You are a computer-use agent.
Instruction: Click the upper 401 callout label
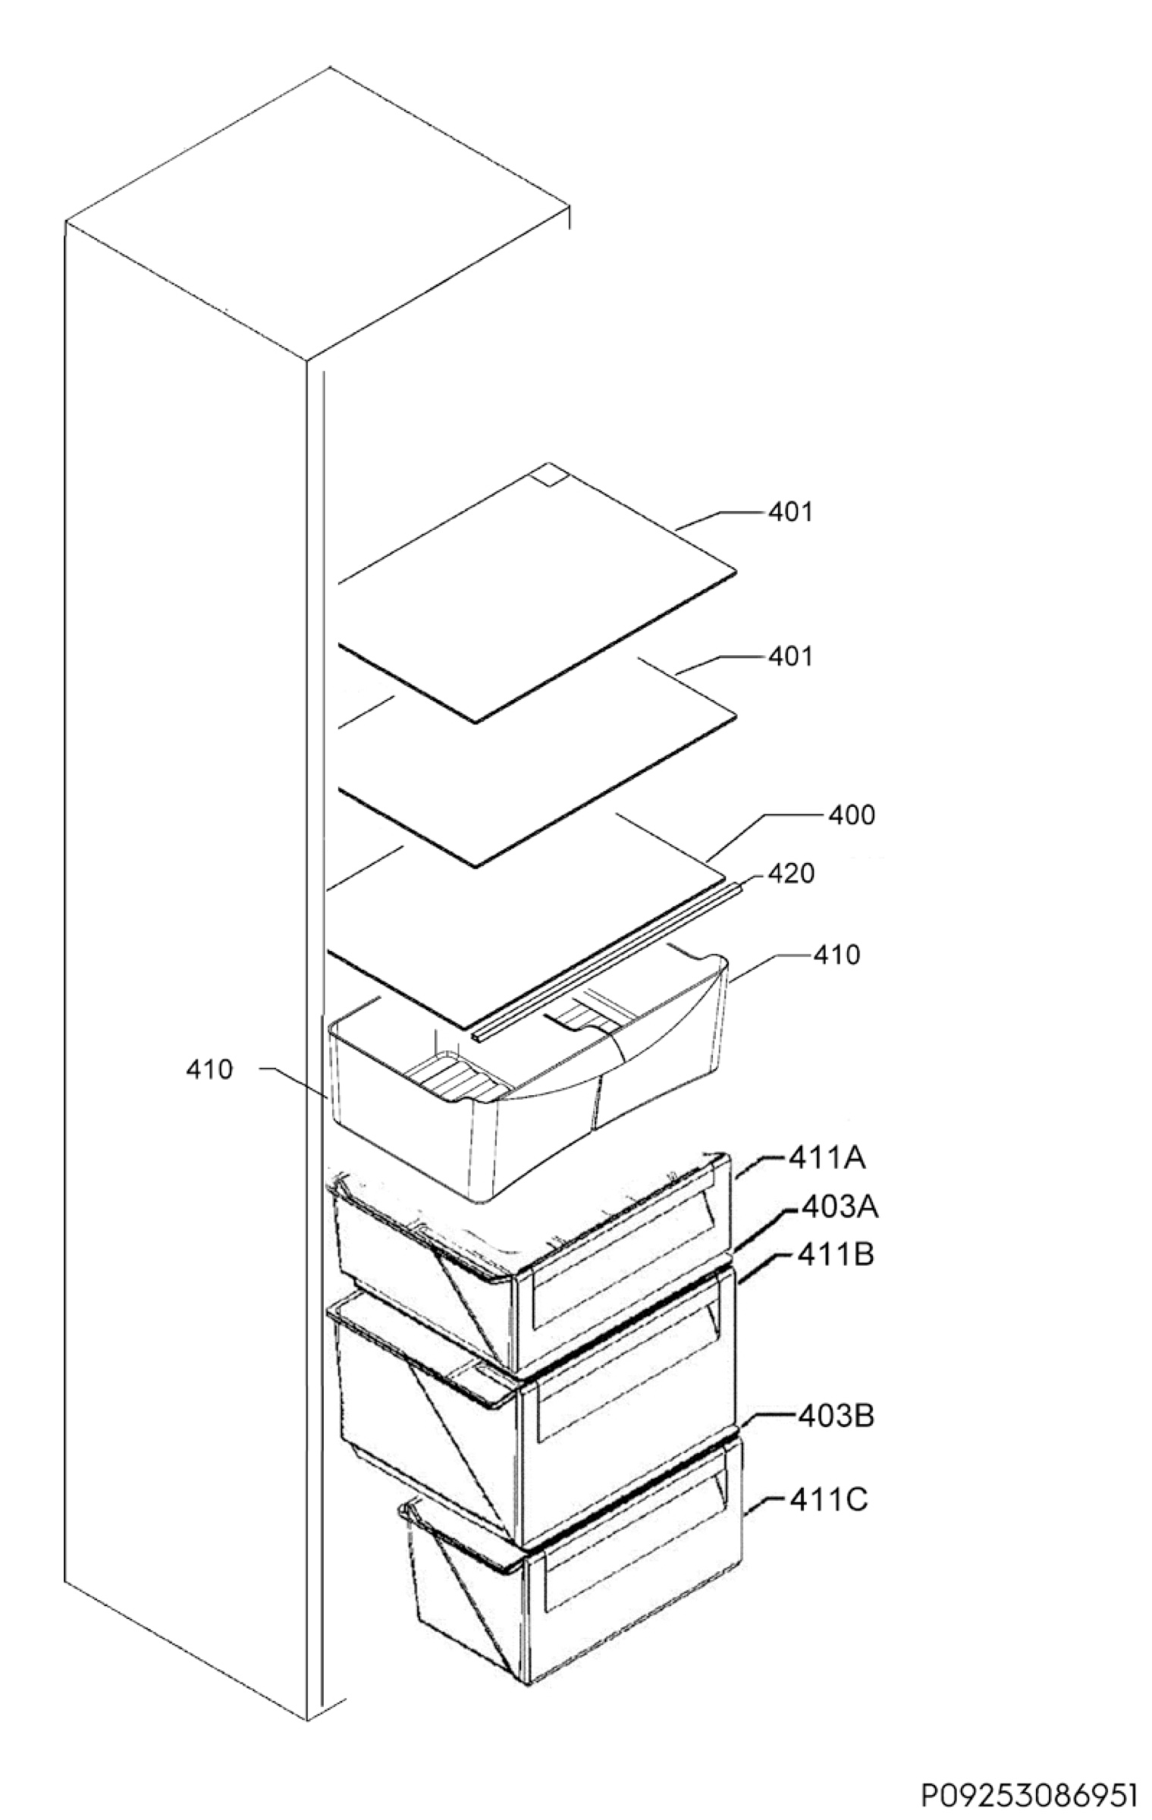point(790,513)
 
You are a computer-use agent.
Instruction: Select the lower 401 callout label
point(790,657)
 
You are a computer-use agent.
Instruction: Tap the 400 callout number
point(852,815)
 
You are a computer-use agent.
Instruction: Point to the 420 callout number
point(791,874)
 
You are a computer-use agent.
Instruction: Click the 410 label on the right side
point(837,955)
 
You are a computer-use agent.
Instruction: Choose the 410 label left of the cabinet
point(209,1071)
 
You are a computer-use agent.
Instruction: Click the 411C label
point(828,1500)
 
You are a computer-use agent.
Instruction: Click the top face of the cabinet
point(318,213)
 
